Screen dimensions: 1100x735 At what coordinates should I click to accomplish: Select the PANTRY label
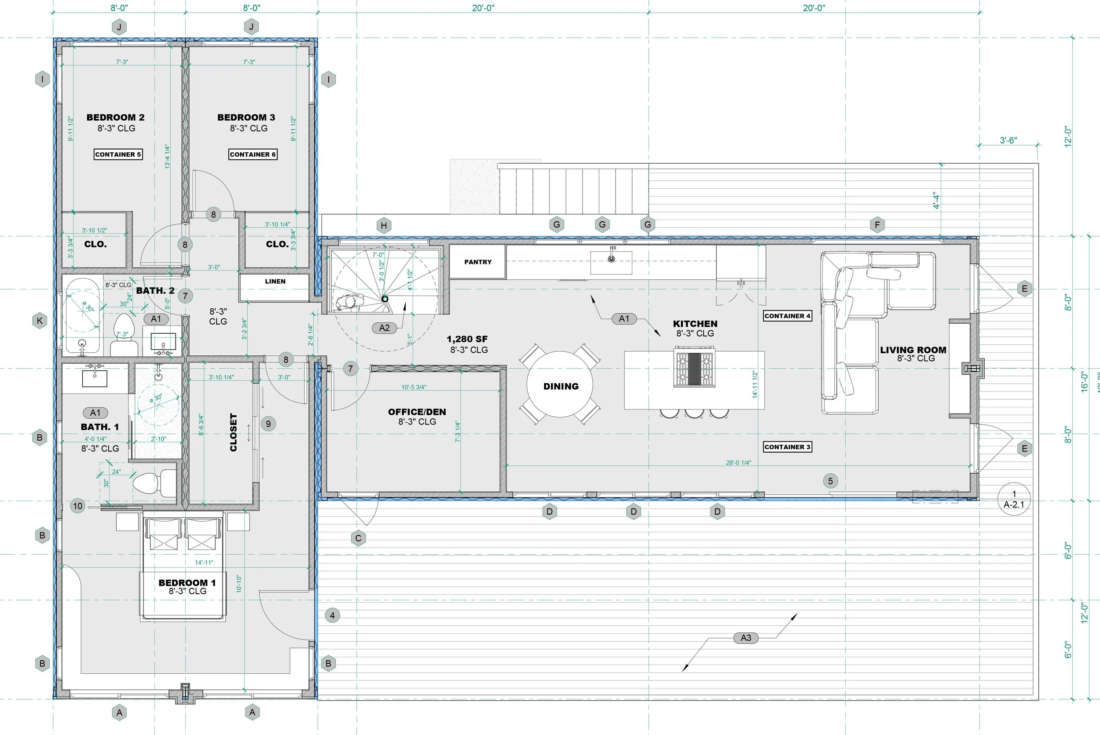[x=478, y=262]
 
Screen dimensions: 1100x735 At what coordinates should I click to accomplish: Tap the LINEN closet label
[x=275, y=281]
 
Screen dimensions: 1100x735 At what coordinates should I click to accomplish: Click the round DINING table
[x=559, y=384]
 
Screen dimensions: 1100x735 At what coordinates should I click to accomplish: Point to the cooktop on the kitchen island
[x=694, y=366]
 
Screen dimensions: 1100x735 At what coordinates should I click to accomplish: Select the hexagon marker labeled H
[x=384, y=226]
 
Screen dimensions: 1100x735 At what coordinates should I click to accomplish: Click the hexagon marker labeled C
[x=358, y=538]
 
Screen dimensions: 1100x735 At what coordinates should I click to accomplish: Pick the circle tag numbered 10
[x=78, y=506]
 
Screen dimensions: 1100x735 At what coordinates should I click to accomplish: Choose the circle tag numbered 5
[x=830, y=480]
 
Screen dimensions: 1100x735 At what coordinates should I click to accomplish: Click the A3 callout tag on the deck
[x=745, y=637]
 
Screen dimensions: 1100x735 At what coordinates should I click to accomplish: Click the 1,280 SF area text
[x=467, y=339]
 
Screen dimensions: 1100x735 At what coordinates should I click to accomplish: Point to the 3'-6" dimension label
[x=1008, y=140]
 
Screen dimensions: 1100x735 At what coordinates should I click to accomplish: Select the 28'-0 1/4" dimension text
[x=738, y=463]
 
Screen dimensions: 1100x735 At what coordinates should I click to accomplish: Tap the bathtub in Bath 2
[x=83, y=316]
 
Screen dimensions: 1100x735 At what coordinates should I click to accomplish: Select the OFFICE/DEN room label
[x=417, y=412]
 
